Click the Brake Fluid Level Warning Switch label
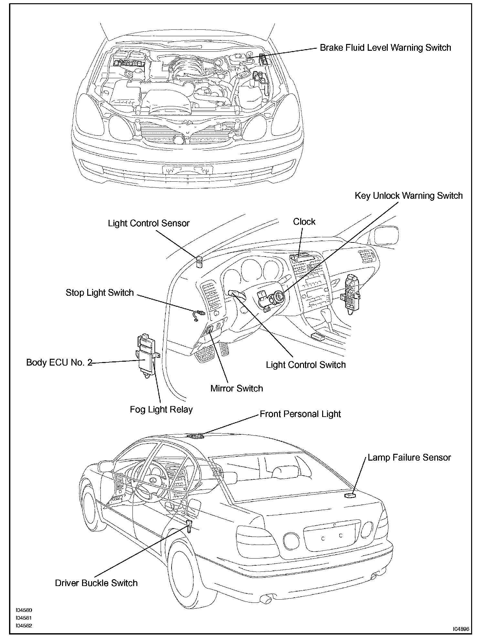(385, 48)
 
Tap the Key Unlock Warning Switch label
(408, 196)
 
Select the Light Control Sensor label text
(149, 223)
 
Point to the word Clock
(304, 222)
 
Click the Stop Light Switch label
(100, 293)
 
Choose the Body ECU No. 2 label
(59, 362)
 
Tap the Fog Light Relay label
(161, 410)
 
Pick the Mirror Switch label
(237, 388)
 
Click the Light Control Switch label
(306, 365)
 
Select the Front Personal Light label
(300, 414)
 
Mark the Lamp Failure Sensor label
(409, 458)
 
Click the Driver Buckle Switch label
(96, 583)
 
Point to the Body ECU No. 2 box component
(147, 356)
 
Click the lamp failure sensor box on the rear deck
(350, 495)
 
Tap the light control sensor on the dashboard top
(199, 262)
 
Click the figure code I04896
(461, 629)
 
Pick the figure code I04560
(24, 610)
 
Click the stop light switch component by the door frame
(198, 314)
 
